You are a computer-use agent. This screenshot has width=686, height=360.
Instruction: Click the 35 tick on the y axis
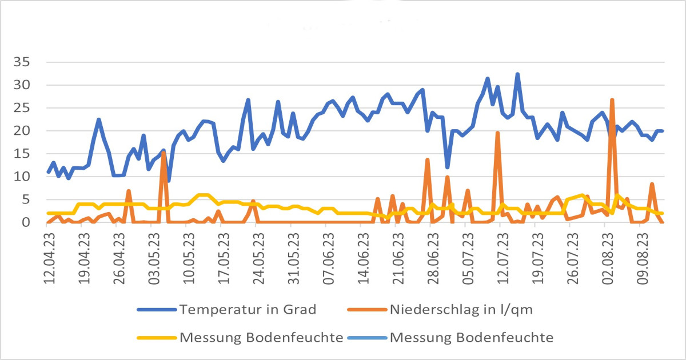[x=29, y=62]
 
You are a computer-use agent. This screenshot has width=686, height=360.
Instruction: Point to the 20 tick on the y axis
[x=29, y=131]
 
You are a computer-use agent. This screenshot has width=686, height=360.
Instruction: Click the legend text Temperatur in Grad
[x=248, y=310]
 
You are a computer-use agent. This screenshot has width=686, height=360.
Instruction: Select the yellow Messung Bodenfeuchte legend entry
[x=261, y=337]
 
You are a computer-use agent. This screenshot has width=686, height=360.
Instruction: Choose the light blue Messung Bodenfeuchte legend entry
[x=472, y=337]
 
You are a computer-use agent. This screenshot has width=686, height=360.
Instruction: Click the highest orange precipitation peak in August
[x=612, y=100]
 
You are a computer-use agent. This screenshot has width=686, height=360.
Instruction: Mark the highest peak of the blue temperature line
[x=517, y=74]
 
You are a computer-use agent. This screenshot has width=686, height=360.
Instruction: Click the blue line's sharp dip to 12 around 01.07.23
[x=447, y=167]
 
